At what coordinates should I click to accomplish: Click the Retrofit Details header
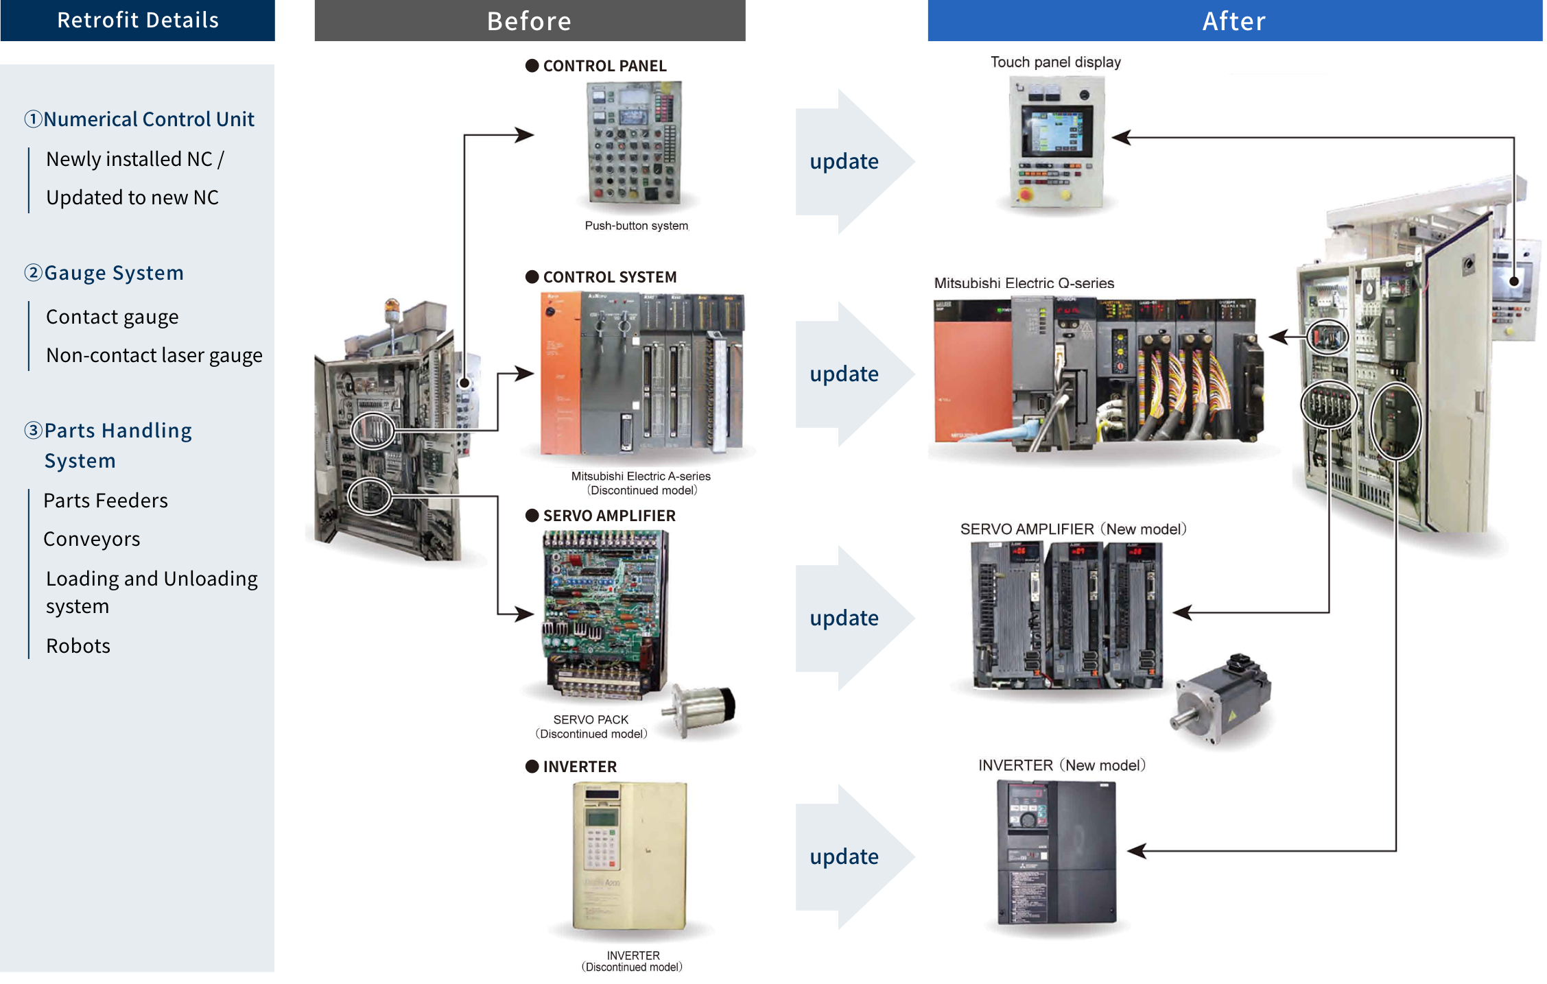137,20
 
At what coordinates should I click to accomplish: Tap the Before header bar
529,21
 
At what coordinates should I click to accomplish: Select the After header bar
1233,21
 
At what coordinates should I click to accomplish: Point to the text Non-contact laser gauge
154,355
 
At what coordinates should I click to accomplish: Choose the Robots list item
78,646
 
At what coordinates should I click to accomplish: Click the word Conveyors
91,539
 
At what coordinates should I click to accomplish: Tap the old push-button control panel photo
635,143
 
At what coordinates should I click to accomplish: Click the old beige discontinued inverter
629,856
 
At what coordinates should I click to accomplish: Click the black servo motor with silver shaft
1223,699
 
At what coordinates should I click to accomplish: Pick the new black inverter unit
1056,852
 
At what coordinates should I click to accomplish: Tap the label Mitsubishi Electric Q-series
1024,283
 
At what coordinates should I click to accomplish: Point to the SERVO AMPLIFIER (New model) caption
1073,529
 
